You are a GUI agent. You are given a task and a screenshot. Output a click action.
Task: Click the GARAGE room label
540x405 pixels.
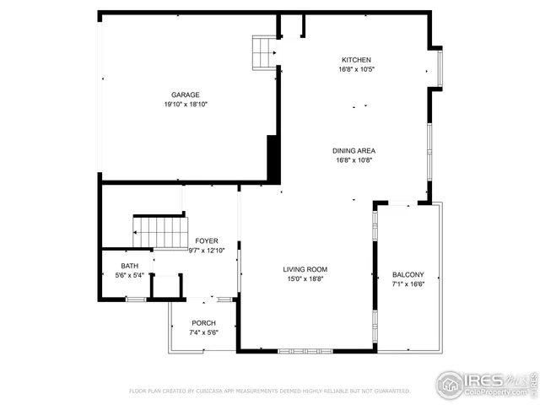coord(186,94)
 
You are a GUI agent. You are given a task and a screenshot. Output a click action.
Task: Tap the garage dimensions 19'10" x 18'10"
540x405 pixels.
coord(186,105)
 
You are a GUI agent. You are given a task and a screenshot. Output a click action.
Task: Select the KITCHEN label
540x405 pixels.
coord(355,60)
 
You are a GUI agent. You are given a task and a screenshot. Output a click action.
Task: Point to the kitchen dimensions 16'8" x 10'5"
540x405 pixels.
coord(355,70)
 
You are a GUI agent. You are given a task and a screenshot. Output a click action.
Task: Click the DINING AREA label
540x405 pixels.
coord(354,150)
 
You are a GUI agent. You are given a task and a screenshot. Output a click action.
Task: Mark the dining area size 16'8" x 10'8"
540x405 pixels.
coord(354,159)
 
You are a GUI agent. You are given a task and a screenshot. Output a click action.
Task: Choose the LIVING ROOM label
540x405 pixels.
coord(305,269)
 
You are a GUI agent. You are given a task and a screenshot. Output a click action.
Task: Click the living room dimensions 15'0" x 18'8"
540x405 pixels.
coord(305,278)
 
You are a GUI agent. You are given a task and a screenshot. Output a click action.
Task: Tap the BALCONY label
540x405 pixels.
coord(408,275)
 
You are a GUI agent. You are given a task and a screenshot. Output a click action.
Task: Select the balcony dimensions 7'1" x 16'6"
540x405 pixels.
coord(408,284)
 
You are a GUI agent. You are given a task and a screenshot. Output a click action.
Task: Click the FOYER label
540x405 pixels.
coord(207,240)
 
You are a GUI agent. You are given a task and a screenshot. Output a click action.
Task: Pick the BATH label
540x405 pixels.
coord(129,265)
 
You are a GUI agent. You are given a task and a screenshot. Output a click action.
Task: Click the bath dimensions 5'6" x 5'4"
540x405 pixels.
coord(129,274)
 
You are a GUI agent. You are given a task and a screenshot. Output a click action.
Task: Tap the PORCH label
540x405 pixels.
coord(203,323)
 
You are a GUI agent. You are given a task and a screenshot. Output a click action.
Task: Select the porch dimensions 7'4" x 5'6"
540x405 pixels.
coord(203,332)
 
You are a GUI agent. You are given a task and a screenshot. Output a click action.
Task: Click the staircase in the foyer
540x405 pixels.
coord(159,231)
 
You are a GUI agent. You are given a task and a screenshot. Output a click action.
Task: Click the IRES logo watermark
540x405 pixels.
coord(484,384)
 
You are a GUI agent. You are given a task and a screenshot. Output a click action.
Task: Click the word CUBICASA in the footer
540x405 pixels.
coord(217,391)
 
